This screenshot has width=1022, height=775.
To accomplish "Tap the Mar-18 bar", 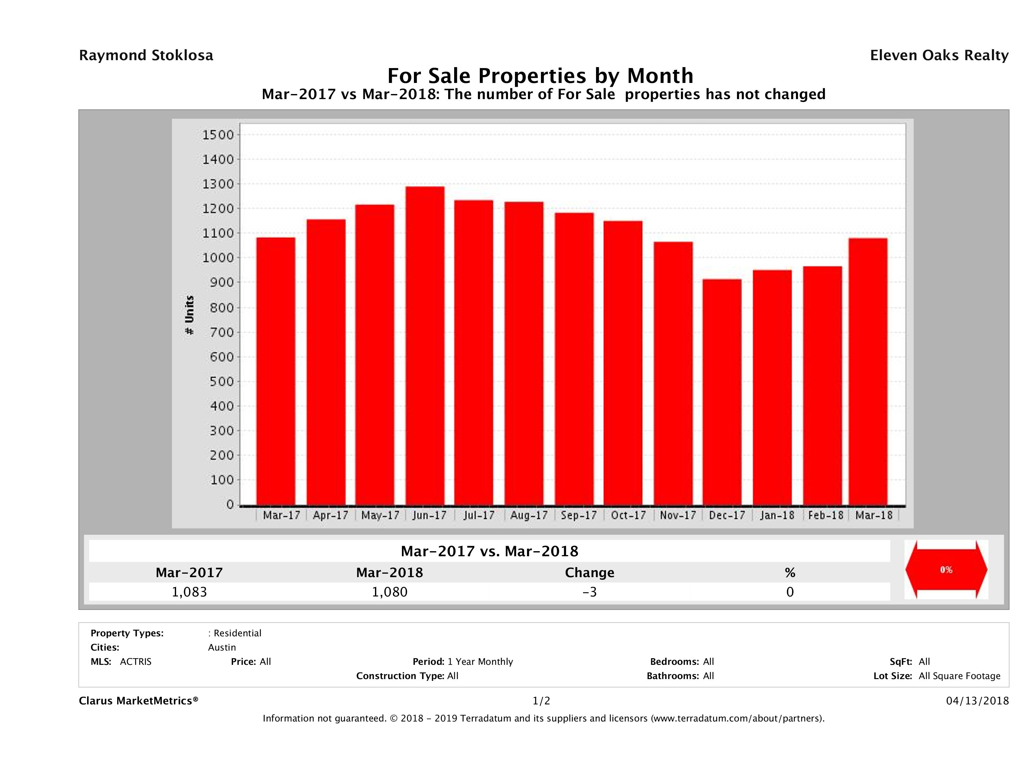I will (868, 371).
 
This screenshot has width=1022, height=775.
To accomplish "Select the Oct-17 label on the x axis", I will (628, 515).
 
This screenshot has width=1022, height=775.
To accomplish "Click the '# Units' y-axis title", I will (189, 315).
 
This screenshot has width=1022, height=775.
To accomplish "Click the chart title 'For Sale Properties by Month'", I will (540, 75).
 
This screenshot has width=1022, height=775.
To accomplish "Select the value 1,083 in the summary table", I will (189, 592).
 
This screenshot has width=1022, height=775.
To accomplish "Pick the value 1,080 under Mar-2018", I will (390, 592).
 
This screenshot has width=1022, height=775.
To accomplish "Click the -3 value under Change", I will (590, 592).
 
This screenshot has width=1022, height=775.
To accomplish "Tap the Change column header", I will (590, 573).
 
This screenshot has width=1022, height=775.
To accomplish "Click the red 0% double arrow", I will (946, 570).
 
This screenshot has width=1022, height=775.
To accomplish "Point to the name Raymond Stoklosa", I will (146, 55).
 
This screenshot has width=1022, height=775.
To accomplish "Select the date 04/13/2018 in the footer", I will (977, 701).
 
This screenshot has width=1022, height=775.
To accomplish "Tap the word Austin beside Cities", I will (222, 647).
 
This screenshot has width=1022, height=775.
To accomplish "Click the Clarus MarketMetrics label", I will (139, 701).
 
